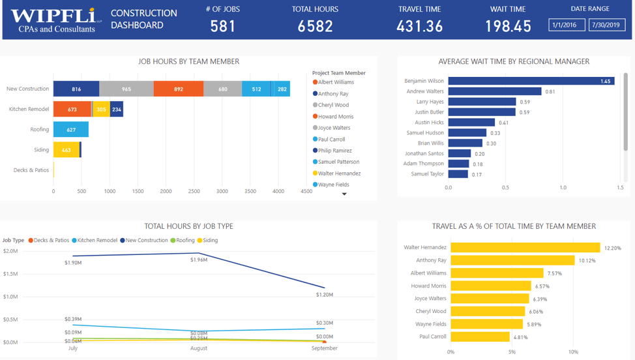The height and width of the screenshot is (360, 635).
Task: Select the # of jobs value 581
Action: [223, 26]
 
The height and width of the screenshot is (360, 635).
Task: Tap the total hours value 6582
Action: [315, 26]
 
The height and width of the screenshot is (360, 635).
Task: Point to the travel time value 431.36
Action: [419, 26]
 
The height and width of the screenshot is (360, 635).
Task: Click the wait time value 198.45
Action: [508, 26]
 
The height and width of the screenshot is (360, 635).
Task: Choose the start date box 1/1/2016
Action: [566, 25]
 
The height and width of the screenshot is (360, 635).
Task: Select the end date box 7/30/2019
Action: [607, 25]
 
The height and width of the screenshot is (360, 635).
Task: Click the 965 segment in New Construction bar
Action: [126, 89]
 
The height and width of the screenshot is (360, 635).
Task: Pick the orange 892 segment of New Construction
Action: [179, 89]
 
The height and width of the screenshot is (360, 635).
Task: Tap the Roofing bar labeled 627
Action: [70, 130]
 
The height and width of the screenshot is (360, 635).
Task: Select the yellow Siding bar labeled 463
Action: [66, 150]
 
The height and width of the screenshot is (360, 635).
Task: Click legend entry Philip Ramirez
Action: [334, 151]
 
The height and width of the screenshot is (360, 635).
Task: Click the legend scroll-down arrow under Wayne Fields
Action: [344, 194]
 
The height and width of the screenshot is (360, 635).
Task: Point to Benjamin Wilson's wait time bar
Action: [531, 82]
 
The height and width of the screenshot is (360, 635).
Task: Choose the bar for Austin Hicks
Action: [471, 123]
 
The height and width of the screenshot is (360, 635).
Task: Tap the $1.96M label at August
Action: [198, 260]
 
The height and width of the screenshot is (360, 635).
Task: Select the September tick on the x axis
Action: [324, 348]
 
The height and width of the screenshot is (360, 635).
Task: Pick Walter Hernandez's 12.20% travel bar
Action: [525, 248]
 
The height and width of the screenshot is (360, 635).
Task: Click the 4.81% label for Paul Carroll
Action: [522, 337]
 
